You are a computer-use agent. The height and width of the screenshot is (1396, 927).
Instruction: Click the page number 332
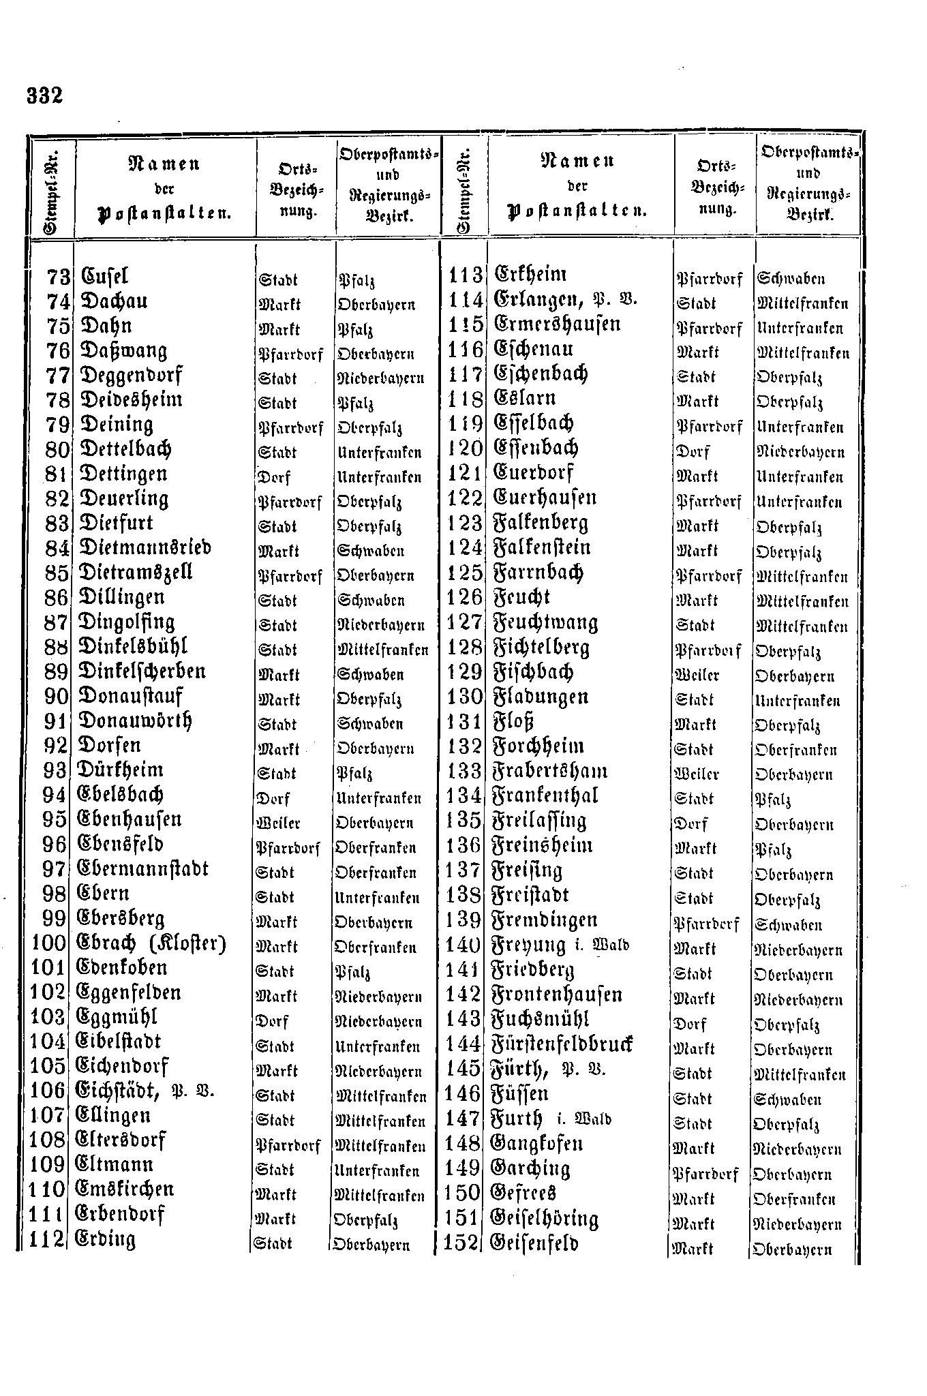pos(45,95)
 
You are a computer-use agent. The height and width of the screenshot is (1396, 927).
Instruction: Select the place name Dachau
pos(114,302)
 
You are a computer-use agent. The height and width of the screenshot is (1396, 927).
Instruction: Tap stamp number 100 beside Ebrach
pos(48,943)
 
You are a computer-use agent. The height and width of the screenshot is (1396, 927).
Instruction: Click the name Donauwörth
pos(136,721)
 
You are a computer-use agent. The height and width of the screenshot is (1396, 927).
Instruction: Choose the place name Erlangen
pos(538,301)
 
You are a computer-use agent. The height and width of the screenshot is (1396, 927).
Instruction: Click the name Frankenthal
pos(545,796)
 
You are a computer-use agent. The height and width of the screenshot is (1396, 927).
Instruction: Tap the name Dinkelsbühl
pos(133,647)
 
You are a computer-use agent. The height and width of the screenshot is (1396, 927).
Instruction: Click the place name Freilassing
pos(539,821)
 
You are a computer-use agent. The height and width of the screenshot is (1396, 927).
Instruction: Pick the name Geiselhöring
pos(545,1218)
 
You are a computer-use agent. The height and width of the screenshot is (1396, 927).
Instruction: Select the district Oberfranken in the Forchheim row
pos(795,750)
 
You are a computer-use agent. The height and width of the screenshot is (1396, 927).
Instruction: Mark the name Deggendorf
pos(131,376)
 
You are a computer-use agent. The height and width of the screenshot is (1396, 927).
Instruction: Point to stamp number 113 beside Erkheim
pos(466,276)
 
